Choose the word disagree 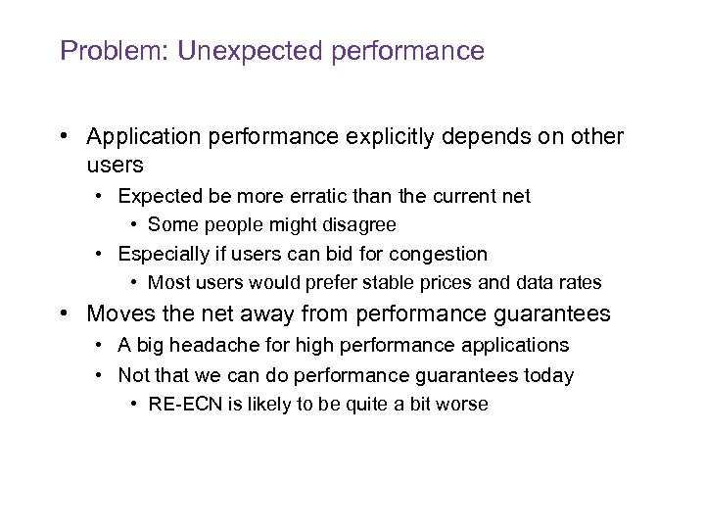pyautogui.click(x=356, y=225)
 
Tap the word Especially pyautogui.click(x=164, y=255)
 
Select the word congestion pyautogui.click(x=438, y=255)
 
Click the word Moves pyautogui.click(x=117, y=314)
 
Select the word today pyautogui.click(x=549, y=374)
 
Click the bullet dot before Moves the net pyautogui.click(x=65, y=314)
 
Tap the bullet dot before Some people pyautogui.click(x=134, y=225)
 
